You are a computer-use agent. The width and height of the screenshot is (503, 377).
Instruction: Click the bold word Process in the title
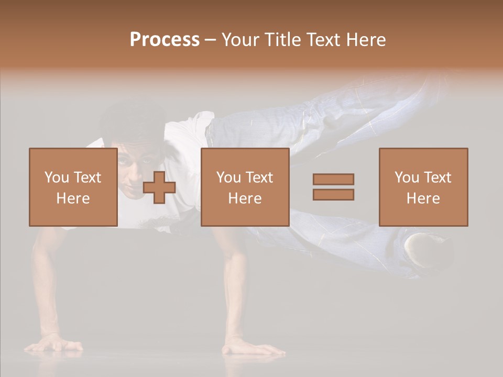tap(165, 40)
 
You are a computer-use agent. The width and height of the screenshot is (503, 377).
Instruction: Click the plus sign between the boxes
tap(159, 187)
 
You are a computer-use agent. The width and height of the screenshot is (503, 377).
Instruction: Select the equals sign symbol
tap(333, 187)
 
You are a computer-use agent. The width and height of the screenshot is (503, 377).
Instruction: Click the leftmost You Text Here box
tap(73, 187)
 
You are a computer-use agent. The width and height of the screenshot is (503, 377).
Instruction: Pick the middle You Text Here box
tap(245, 187)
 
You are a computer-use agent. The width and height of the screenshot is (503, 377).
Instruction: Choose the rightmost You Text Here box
tap(423, 187)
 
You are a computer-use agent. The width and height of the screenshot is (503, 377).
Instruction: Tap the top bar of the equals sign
tap(333, 180)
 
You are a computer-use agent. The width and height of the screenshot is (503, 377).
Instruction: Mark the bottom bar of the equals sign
tap(333, 194)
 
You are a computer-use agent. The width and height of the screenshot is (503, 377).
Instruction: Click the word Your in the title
tap(240, 40)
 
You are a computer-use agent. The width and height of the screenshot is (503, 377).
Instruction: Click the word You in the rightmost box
tap(407, 178)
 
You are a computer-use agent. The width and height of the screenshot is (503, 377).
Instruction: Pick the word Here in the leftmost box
tap(73, 198)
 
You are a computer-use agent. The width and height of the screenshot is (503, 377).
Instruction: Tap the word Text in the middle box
tap(259, 178)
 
